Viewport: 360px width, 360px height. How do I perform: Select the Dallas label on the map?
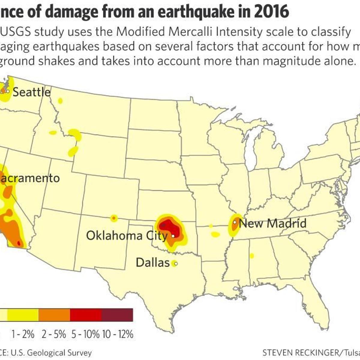(x=153, y=262)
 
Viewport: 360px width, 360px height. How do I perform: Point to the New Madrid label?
(x=273, y=223)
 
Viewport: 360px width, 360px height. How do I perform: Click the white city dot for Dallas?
(x=176, y=264)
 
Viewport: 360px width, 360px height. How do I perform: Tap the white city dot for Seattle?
(x=8, y=91)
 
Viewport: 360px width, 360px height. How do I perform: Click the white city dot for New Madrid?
(x=235, y=222)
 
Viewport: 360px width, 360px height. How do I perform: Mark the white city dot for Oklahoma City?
(x=173, y=236)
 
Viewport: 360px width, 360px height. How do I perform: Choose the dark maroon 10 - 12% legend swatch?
(x=117, y=315)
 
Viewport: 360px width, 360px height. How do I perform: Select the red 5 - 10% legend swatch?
(x=85, y=315)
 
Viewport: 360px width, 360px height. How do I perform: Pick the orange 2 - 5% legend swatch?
(x=54, y=315)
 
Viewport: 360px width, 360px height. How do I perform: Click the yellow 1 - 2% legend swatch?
(x=23, y=315)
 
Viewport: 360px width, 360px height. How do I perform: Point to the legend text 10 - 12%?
(x=118, y=334)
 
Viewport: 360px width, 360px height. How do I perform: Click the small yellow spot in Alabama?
(x=252, y=256)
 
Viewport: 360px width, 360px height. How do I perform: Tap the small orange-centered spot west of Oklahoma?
(x=114, y=218)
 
